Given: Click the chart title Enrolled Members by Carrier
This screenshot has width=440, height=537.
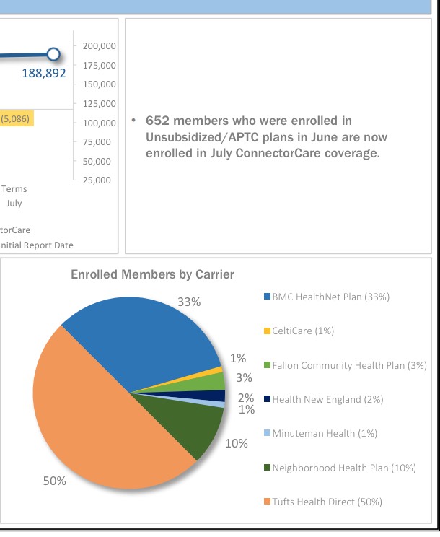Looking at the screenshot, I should tap(152, 274).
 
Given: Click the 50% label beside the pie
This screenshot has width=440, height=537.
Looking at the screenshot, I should tap(55, 481).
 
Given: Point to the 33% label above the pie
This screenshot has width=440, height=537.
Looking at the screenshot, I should tap(189, 302).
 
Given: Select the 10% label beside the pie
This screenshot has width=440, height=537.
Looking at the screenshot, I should tap(237, 443).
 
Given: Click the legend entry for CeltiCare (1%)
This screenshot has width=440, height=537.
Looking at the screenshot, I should tap(302, 331).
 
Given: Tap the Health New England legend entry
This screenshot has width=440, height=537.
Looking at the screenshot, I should tap(327, 399).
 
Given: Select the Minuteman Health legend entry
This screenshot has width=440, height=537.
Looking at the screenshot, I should tap(325, 433).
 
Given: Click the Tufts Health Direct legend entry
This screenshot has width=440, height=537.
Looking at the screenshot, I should tap(327, 502).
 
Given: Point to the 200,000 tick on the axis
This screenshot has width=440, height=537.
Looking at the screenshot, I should tap(100, 45).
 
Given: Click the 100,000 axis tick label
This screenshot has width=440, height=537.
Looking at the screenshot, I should tap(100, 123).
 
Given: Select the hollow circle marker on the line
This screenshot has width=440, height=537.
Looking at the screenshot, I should tap(53, 54).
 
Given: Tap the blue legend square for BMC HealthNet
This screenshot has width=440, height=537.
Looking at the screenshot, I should tap(267, 297).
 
